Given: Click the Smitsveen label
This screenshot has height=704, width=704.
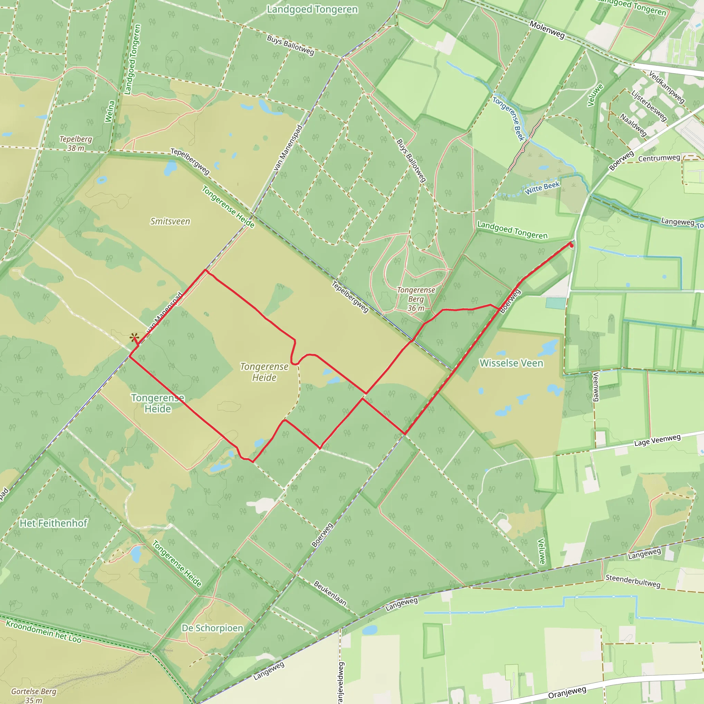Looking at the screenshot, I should pos(170,221).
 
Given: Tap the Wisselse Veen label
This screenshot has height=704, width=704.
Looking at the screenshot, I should pos(511,363).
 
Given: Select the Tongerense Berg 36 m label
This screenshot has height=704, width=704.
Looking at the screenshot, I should pos(416,299).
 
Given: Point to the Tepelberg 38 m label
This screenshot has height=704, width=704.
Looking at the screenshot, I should pos(76,144).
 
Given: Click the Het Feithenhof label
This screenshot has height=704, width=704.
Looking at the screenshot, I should pos(54,523).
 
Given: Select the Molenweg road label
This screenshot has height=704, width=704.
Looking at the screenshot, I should pos(547,30).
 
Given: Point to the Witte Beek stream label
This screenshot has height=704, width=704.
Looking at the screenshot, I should pos(542,188).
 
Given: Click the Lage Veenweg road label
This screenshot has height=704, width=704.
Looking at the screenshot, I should pos(657,440).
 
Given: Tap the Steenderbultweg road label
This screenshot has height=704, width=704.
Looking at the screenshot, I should pos(633,581).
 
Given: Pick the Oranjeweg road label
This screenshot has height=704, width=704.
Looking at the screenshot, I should pos(567,692).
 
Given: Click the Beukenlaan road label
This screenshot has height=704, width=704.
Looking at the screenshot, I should pos(330,593).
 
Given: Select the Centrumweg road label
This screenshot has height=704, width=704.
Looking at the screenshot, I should pos(659,158).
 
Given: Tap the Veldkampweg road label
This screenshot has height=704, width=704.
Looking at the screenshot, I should pos(667,87).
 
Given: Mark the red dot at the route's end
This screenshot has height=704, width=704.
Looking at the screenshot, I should pos(571,245).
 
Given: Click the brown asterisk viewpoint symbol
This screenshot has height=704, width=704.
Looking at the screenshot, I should pos(134,337).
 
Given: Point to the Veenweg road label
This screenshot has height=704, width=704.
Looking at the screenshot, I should pos(596,386).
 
